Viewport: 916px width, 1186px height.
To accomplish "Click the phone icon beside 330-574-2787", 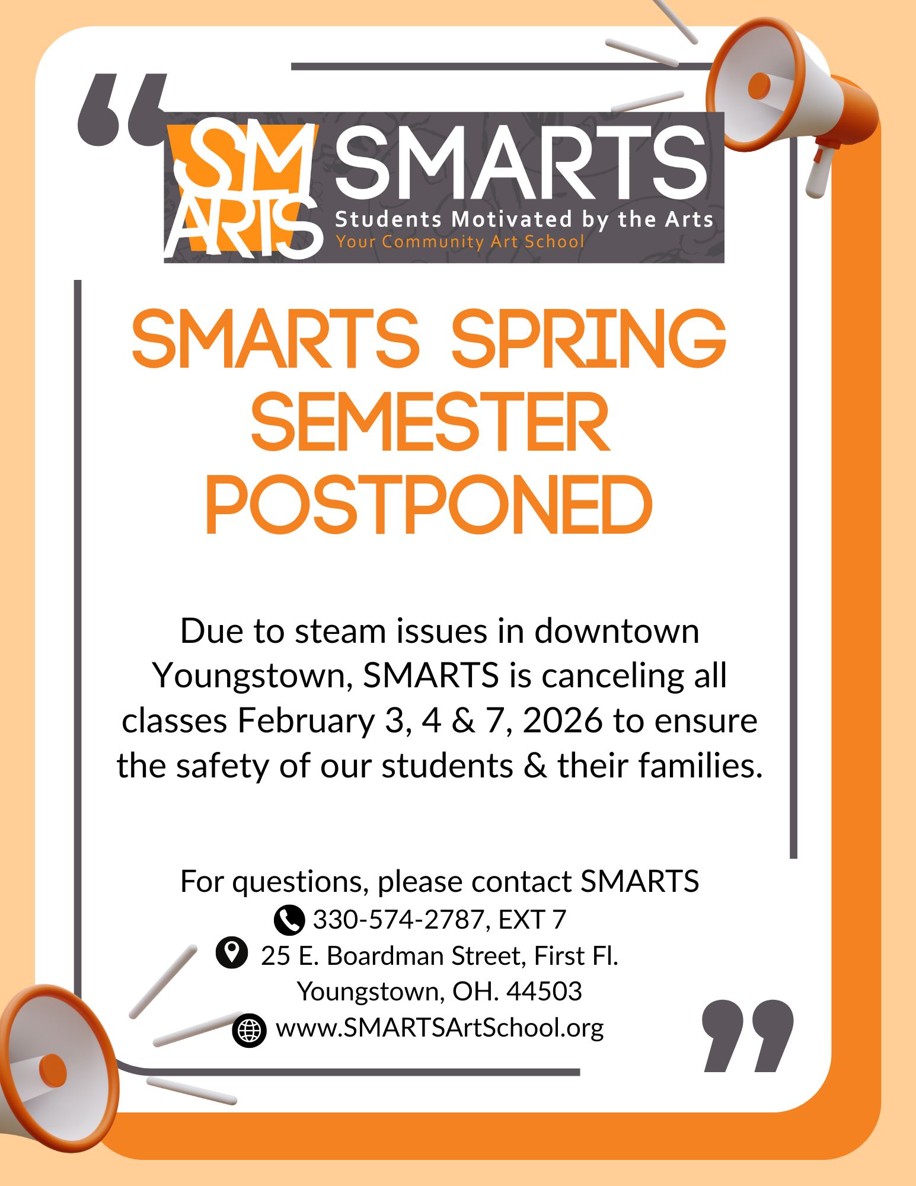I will pos(289,920).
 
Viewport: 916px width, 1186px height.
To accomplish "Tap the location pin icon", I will pos(231,953).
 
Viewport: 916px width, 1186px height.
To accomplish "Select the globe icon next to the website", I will pos(249,1031).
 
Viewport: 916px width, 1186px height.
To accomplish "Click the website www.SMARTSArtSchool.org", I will pos(439,1028).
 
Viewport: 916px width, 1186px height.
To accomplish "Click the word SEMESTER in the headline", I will pos(430,422).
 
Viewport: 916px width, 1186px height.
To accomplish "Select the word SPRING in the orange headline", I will pos(588,339).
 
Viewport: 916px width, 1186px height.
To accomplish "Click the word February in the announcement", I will pos(306,721).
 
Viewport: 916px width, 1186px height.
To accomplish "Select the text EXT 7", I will pos(532,920).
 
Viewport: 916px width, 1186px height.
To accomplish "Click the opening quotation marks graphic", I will pos(122,110).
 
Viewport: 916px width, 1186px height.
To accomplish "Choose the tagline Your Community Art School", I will pos(459,242).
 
